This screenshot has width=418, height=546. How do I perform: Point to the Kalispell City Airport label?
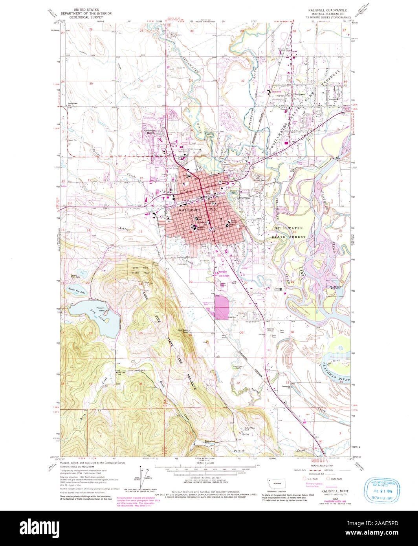[223, 274]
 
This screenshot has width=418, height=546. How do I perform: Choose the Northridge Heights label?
[151, 132]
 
